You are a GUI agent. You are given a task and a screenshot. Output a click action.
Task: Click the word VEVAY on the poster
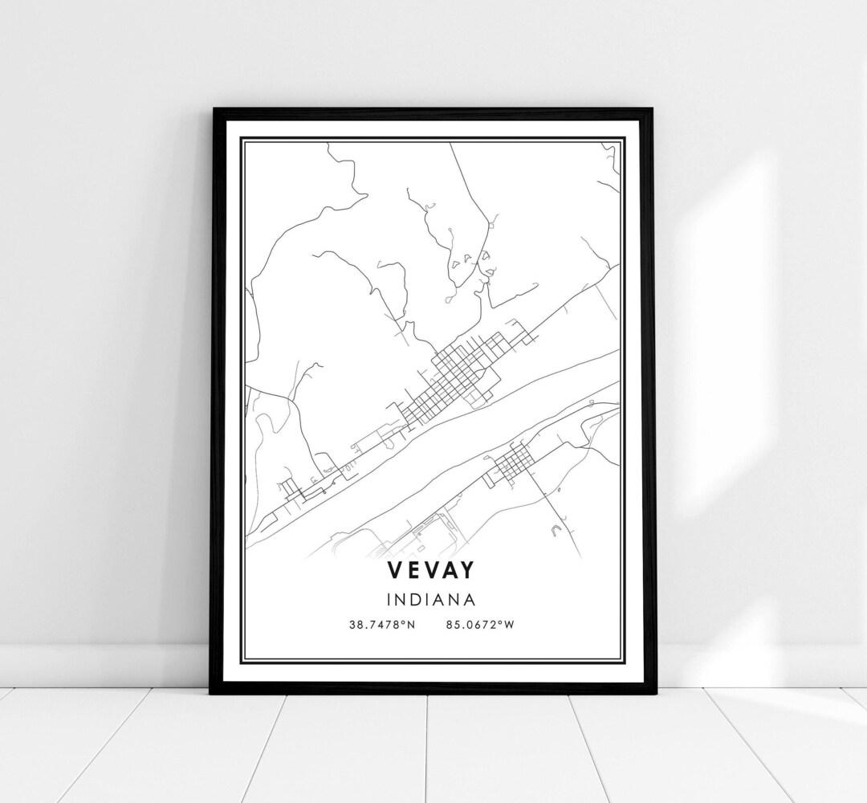click(433, 569)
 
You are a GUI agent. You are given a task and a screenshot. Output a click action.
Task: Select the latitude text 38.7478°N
click(381, 625)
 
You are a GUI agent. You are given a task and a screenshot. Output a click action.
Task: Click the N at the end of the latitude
click(410, 625)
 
